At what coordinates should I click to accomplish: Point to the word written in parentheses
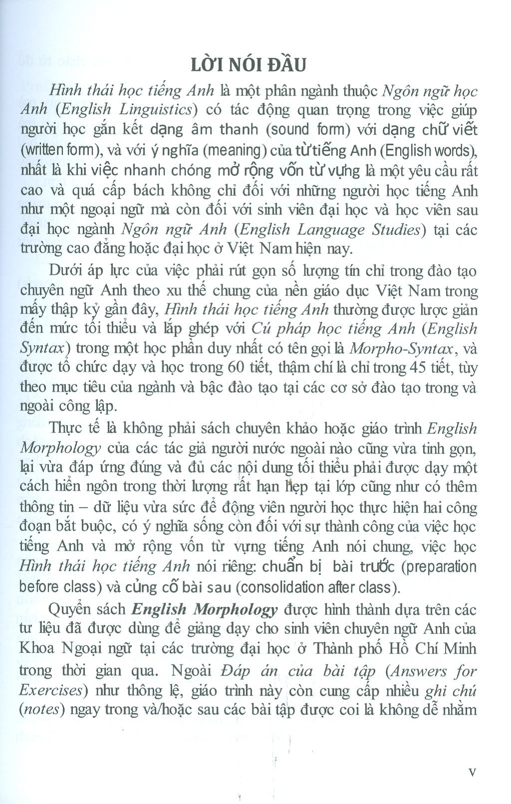[42, 150]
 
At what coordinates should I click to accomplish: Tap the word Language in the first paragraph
[328, 229]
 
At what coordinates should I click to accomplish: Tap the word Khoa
[38, 648]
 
